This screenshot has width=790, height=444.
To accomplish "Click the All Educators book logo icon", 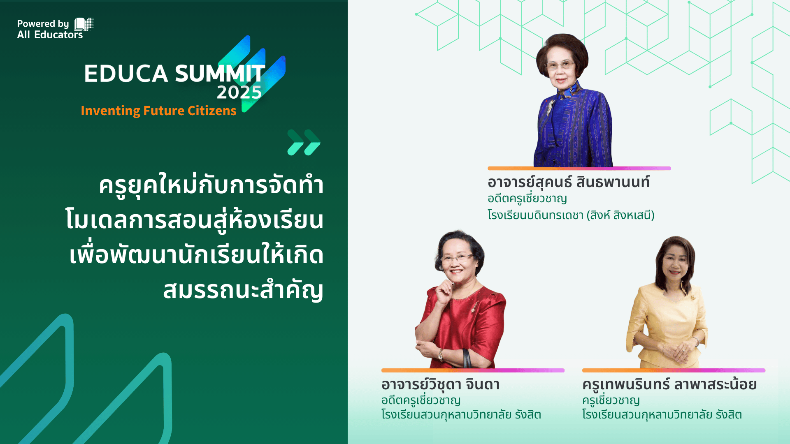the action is (84, 24).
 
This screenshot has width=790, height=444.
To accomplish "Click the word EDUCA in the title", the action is (126, 74).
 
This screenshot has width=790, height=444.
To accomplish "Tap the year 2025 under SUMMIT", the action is (239, 92).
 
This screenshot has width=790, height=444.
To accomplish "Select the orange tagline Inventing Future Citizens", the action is (158, 111).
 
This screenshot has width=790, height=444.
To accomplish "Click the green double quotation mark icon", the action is (304, 142).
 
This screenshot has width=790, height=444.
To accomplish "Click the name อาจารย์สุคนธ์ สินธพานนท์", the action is (569, 182).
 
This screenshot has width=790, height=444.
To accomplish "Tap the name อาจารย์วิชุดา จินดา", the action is (440, 384).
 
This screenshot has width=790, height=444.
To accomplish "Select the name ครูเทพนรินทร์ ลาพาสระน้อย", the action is (669, 384).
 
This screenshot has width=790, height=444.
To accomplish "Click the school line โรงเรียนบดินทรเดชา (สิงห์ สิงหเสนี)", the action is (571, 215).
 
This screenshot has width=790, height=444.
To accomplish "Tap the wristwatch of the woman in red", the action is (441, 354).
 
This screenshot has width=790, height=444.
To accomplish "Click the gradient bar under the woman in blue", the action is (579, 168).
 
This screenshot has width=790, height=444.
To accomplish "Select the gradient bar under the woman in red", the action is (473, 370).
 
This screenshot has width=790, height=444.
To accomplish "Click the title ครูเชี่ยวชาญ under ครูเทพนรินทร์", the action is (611, 400).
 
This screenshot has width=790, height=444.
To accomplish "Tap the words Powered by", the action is (43, 24).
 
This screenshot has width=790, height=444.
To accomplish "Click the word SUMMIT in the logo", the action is (220, 74).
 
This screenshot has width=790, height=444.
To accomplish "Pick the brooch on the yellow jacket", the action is (693, 297).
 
